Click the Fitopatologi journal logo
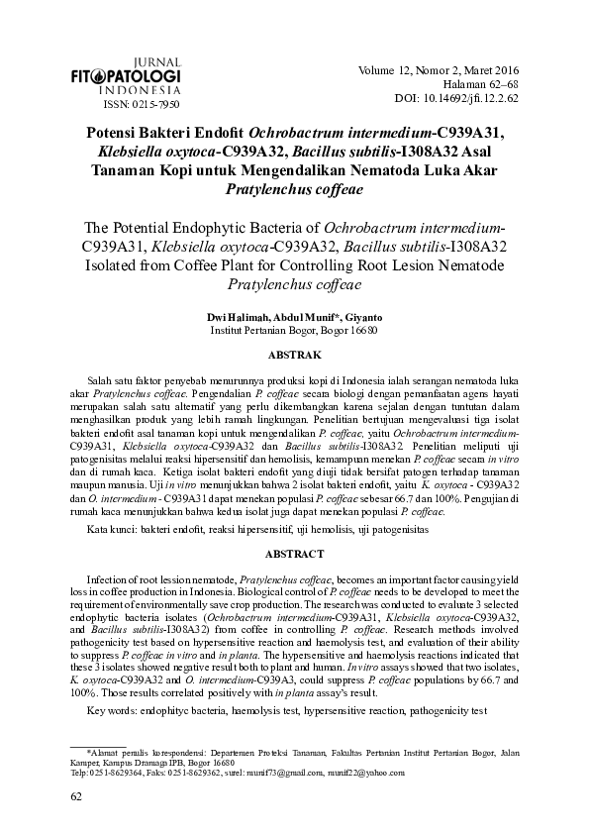coord(126,76)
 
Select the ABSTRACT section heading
coord(295,553)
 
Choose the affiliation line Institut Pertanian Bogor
coord(295,330)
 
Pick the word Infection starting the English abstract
coord(112,577)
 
